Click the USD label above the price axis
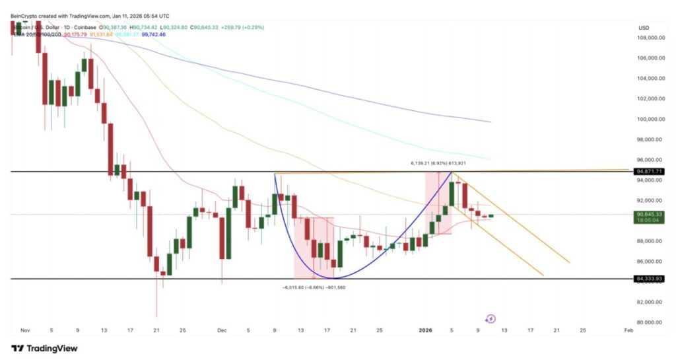click(644, 27)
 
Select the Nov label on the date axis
click(25, 330)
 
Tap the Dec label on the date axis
click(222, 330)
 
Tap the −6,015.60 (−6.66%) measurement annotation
click(314, 287)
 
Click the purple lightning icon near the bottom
click(490, 319)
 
